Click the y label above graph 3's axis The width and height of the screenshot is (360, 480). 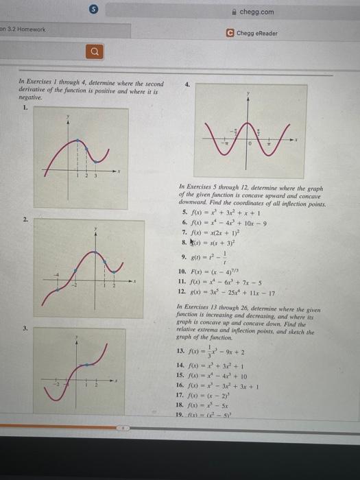pyautogui.click(x=77, y=338)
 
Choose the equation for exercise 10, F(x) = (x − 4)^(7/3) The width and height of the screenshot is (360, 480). pyautogui.click(x=221, y=272)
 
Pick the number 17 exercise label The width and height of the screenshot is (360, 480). pyautogui.click(x=182, y=395)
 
